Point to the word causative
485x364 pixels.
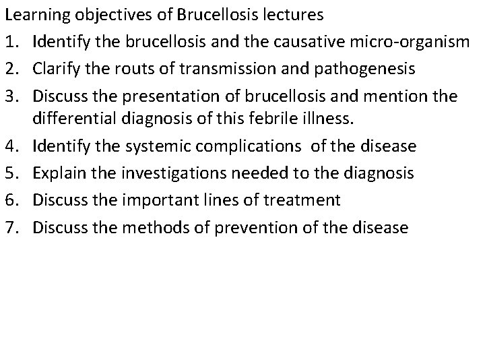click(317, 42)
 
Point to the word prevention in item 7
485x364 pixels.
click(256, 226)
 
